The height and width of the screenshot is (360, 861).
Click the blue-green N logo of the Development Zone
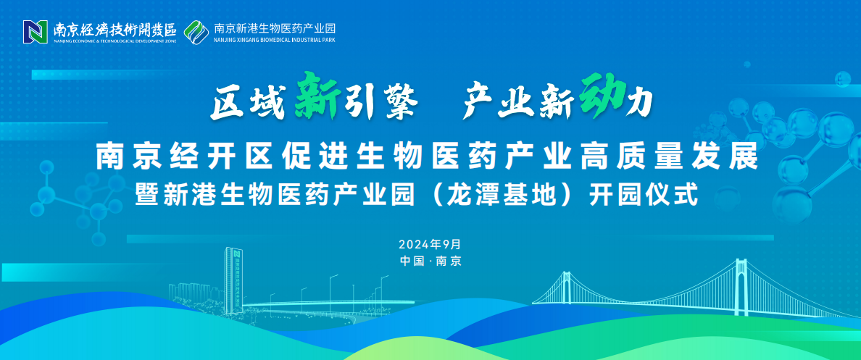click(35, 32)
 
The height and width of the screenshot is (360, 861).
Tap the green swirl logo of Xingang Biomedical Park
click(196, 32)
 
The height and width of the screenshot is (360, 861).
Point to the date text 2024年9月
click(430, 243)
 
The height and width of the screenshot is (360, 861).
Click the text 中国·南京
click(430, 261)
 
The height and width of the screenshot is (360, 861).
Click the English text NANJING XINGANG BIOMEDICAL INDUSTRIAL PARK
click(274, 40)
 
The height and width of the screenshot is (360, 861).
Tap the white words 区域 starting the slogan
click(246, 102)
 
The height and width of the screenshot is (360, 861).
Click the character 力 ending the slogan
click(640, 101)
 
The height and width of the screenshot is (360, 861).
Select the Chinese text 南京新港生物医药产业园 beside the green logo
click(274, 28)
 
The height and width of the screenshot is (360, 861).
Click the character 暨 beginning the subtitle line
click(148, 196)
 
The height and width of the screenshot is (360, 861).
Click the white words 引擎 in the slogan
click(380, 101)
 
